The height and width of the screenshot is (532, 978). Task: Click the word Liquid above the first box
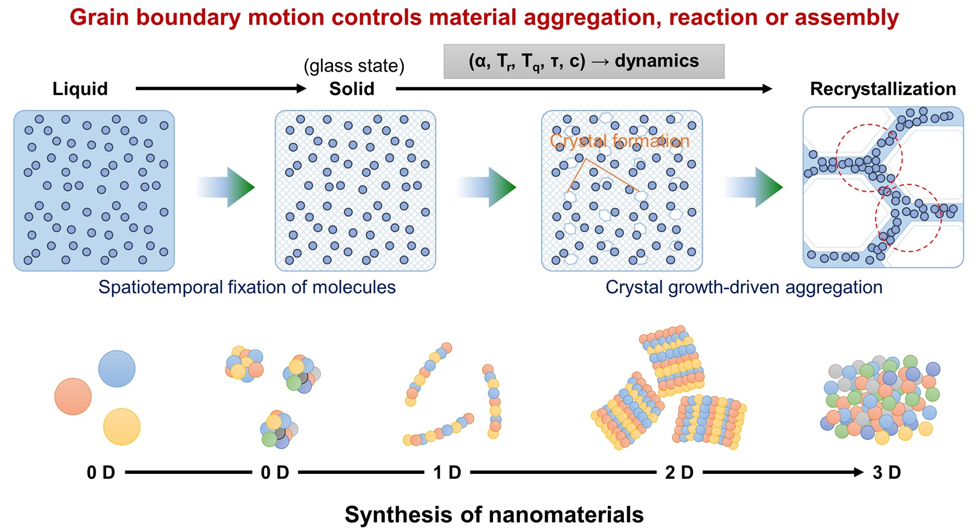80,89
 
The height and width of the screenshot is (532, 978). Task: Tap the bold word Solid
351,89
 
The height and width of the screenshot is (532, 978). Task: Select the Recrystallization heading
883,89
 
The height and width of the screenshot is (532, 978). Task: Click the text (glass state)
354,66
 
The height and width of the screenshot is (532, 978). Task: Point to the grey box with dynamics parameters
583,61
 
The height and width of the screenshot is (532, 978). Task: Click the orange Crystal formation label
619,140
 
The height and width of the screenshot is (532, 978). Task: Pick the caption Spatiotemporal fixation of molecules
247,287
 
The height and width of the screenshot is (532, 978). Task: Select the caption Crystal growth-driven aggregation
743,287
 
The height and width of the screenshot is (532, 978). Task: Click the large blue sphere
117,368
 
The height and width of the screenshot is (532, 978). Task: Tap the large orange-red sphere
73,397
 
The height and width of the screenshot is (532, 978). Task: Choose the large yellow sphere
122,426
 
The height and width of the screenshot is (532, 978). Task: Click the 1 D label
447,473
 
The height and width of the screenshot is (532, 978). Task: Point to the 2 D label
679,473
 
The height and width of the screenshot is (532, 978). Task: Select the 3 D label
886,473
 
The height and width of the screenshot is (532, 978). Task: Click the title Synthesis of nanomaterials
494,515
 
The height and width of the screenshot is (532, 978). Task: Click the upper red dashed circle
869,158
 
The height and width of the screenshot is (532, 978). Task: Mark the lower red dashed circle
908,218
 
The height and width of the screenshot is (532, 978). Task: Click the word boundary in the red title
189,18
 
